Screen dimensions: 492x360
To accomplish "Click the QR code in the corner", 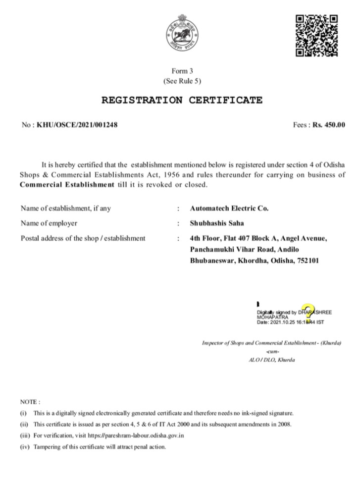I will tap(316, 35).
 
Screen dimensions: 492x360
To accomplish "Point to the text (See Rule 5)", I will tap(182, 80).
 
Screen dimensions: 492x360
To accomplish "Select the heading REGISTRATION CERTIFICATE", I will tap(182, 101).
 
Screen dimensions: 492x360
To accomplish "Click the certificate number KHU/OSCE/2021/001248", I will tap(77, 125).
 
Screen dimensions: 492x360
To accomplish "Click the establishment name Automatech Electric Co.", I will tap(229, 209).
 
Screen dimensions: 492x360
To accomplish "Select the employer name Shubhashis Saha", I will tap(217, 223).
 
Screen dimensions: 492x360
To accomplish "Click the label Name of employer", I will tap(49, 223).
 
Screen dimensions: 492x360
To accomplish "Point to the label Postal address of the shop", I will tap(83, 238).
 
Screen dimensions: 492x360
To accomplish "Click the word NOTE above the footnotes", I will tap(30, 401).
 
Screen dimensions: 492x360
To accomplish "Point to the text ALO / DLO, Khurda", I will tap(271, 360).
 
